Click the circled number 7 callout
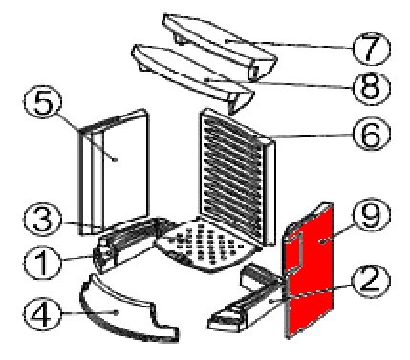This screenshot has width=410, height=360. tap(372, 49)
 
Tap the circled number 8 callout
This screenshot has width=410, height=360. tap(372, 88)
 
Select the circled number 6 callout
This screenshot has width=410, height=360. tap(372, 135)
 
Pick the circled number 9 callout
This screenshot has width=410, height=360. tap(372, 214)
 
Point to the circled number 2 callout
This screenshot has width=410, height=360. tap(372, 281)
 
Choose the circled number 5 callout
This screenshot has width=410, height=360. tap(43, 102)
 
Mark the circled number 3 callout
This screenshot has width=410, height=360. tap(43, 220)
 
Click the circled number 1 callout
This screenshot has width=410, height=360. tap(43, 263)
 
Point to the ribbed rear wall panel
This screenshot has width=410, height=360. tap(236, 177)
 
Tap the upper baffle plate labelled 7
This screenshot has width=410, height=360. tap(220, 45)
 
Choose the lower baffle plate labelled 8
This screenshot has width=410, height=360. tap(191, 76)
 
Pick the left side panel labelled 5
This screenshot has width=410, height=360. tap(113, 172)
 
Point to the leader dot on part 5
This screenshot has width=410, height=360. tap(116, 159)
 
